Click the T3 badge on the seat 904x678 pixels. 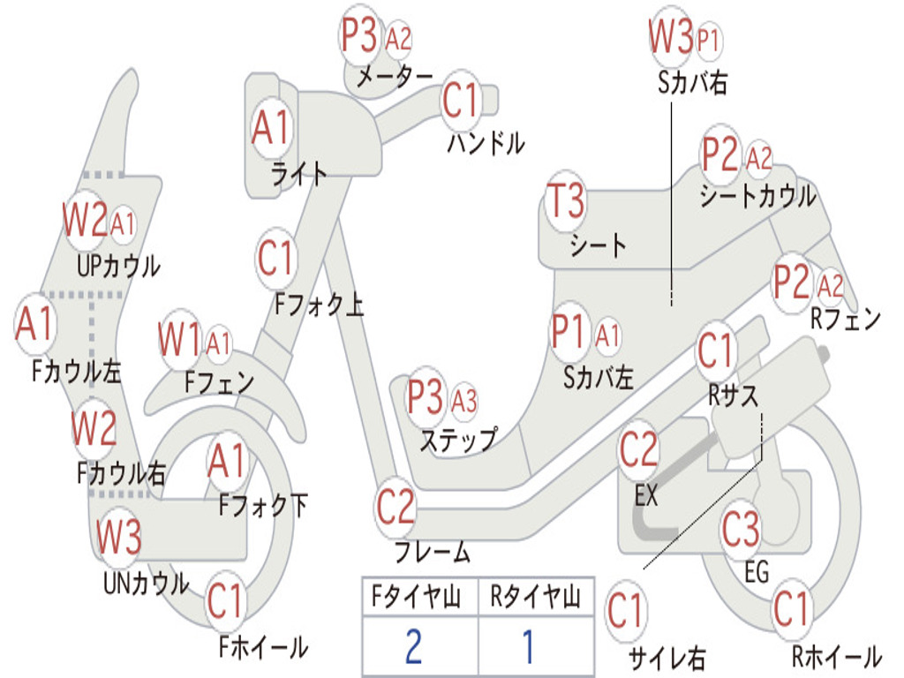click(566, 200)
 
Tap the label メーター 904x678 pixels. click(395, 76)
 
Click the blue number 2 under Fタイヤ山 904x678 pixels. click(413, 646)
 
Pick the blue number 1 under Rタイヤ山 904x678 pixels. click(529, 646)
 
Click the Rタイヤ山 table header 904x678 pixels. click(536, 597)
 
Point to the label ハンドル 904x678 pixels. click(486, 142)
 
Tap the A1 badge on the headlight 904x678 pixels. click(270, 127)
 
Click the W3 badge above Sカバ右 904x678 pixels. click(671, 36)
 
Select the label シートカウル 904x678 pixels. click(757, 196)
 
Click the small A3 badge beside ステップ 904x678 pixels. click(464, 400)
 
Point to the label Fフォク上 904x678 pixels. click(319, 304)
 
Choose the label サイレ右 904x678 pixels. click(666, 657)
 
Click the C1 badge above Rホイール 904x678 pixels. click(792, 609)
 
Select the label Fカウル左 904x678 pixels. click(76, 371)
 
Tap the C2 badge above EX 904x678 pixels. click(638, 450)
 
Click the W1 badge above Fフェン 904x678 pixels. click(179, 340)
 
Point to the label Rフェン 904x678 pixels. click(845, 318)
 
